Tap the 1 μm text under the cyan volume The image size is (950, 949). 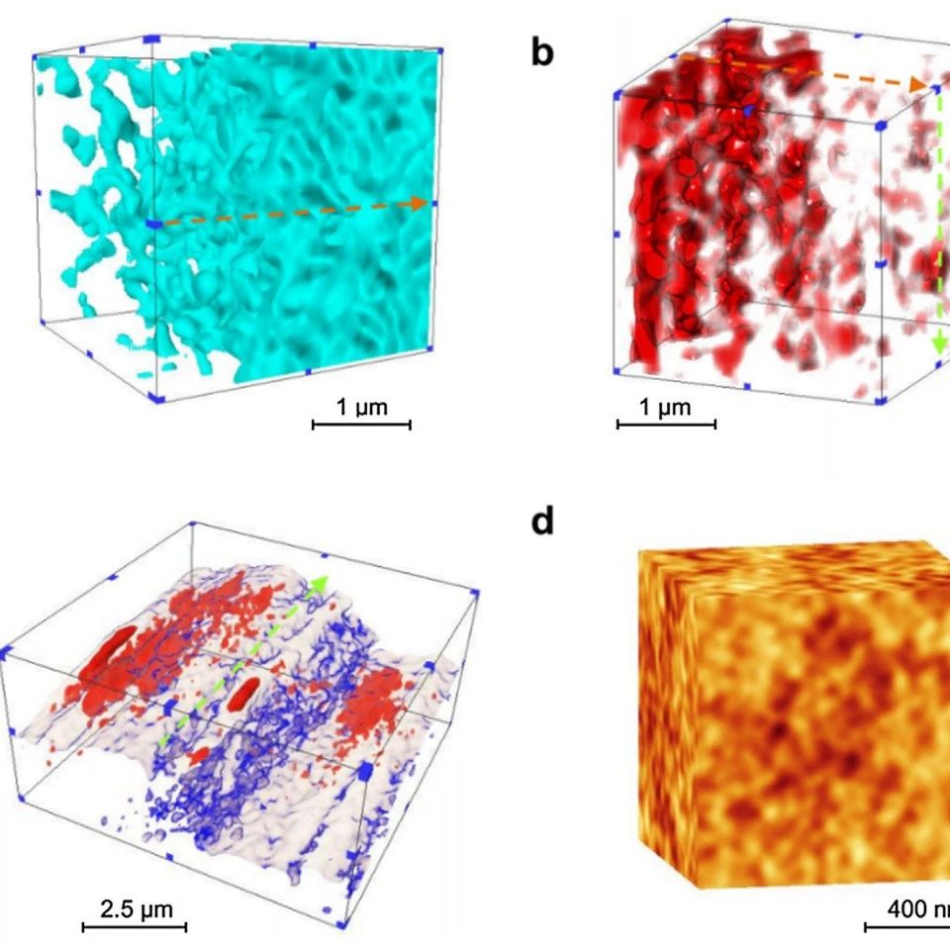click(361, 406)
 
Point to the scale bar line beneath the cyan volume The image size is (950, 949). click(361, 425)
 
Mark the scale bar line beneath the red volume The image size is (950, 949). click(666, 425)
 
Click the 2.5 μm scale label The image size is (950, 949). click(133, 906)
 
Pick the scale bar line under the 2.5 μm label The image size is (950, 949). click(134, 927)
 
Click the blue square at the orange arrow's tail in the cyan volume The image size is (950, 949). click(154, 226)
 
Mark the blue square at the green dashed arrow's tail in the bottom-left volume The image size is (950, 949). click(169, 709)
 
